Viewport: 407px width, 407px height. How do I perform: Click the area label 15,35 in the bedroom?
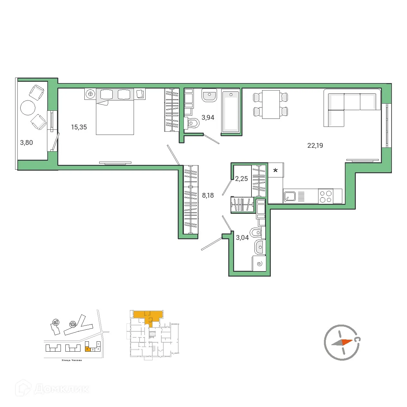click(x=79, y=127)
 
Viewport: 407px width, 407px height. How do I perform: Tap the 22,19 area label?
click(x=315, y=146)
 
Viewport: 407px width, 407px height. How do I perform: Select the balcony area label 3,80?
click(x=26, y=143)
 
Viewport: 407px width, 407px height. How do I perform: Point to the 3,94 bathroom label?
click(x=208, y=118)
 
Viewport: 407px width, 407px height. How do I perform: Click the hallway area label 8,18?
click(x=208, y=195)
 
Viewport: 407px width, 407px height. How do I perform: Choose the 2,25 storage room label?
click(x=241, y=179)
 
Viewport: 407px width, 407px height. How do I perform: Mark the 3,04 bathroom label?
click(x=242, y=238)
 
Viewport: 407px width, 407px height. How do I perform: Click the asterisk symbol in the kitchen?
click(x=275, y=170)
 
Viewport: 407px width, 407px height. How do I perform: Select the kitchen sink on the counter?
click(x=289, y=196)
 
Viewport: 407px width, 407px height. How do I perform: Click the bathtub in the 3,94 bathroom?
click(x=231, y=111)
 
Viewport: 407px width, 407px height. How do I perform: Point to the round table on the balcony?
click(x=27, y=108)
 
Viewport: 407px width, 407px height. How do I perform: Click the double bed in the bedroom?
click(x=115, y=116)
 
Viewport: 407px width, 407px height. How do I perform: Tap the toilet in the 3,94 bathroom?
click(x=193, y=123)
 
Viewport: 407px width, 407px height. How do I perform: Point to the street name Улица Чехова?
click(x=71, y=360)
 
